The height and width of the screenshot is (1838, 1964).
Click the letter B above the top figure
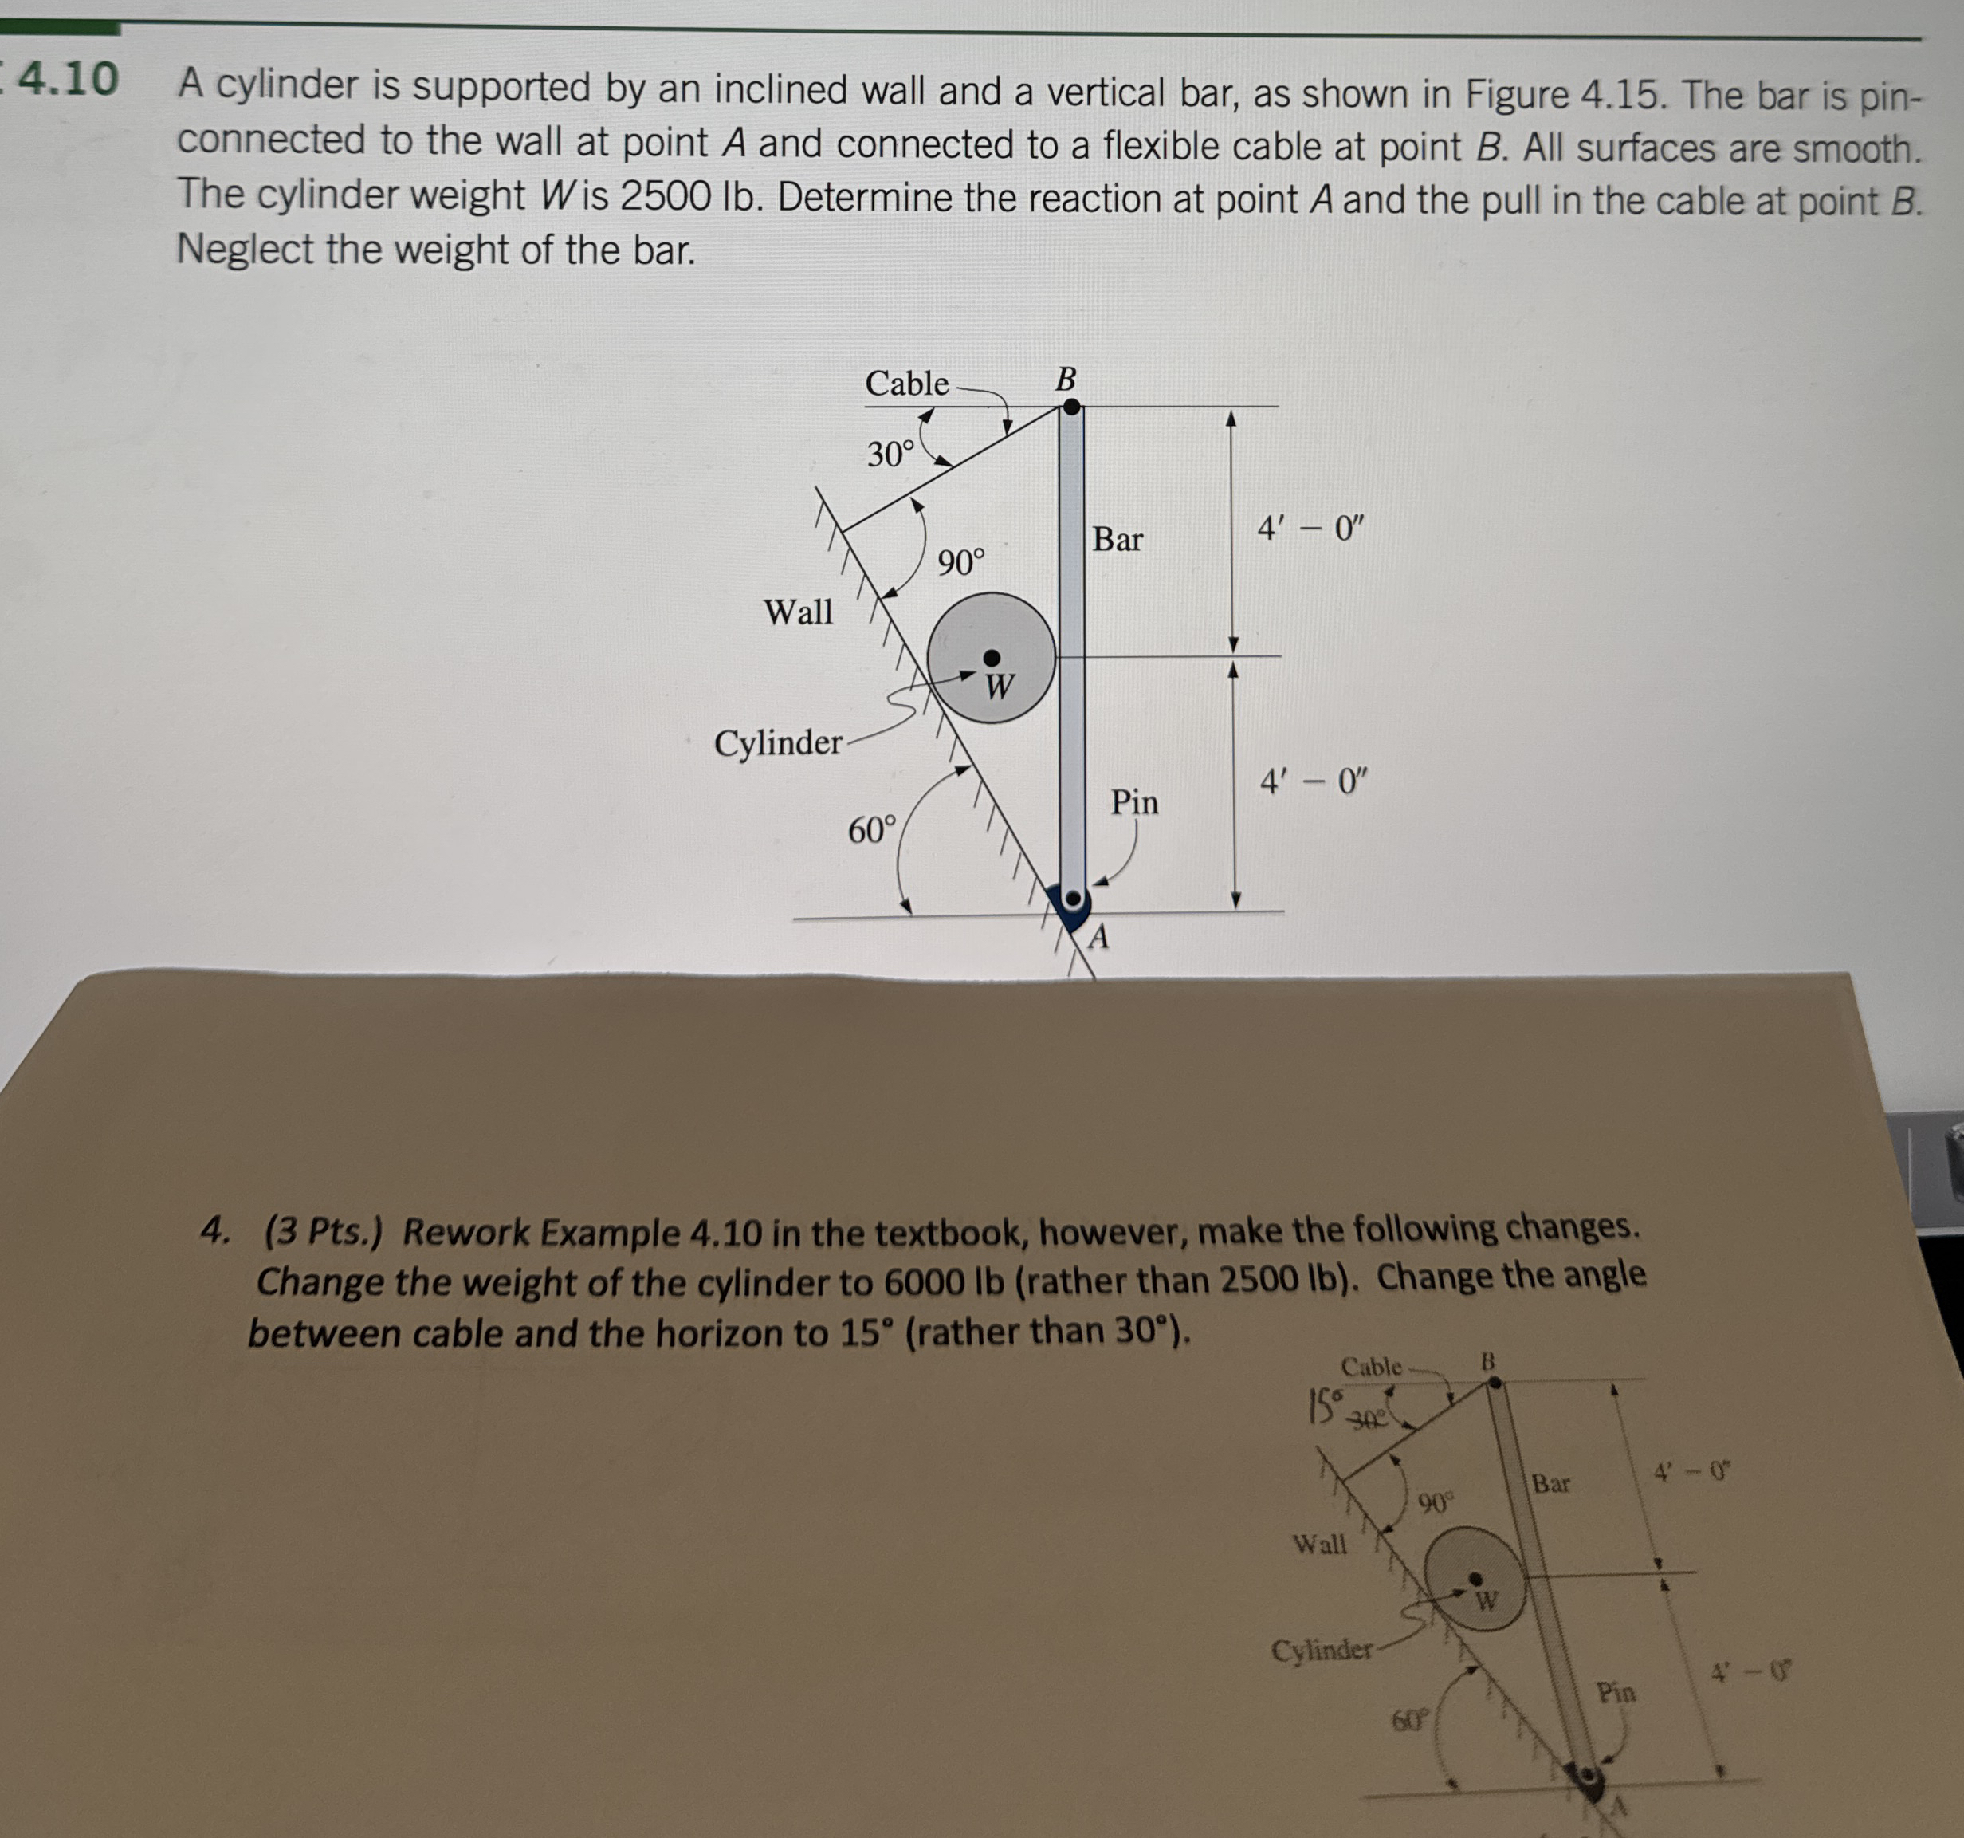point(1065,379)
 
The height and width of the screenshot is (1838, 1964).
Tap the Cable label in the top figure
point(906,384)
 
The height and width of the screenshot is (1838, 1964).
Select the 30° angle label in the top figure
point(890,455)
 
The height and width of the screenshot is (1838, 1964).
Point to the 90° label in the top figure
point(960,563)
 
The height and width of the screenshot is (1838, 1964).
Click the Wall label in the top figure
point(797,612)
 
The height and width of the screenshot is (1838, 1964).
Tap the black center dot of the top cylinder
point(991,658)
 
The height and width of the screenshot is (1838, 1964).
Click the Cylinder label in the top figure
point(777,742)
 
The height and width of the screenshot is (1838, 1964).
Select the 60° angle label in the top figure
point(871,830)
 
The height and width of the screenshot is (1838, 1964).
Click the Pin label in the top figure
point(1134,801)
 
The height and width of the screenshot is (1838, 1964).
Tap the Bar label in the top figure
point(1118,540)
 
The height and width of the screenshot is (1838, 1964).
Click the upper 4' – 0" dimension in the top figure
point(1309,529)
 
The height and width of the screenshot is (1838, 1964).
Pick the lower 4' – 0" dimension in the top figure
point(1312,782)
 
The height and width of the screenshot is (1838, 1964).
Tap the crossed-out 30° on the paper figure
point(1367,1420)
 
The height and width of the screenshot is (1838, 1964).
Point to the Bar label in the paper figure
point(1550,1484)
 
